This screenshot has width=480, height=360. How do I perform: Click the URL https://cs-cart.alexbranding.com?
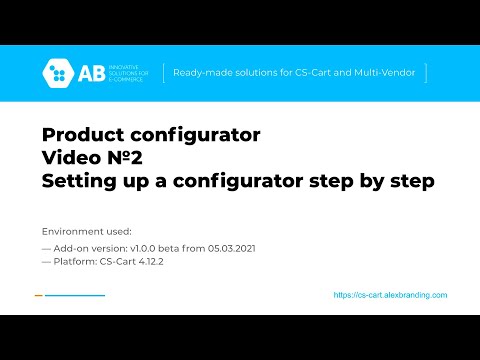click(390, 295)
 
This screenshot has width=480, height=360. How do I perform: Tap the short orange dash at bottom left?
click(38, 295)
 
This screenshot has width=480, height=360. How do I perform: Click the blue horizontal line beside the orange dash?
click(75, 295)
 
